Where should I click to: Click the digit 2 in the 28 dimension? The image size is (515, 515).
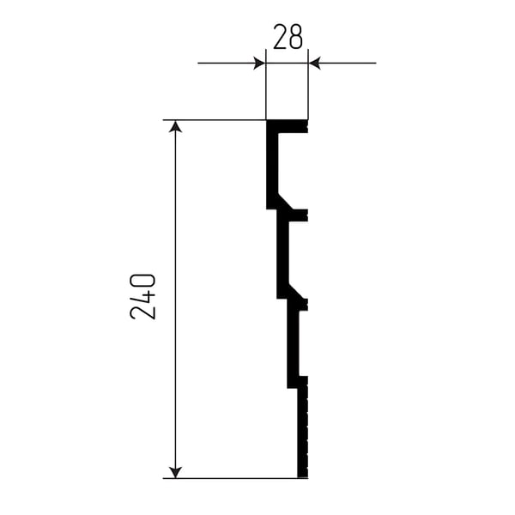(280, 37)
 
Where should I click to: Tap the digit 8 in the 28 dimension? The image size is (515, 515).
(295, 37)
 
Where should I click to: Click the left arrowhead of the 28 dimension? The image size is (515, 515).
(259, 63)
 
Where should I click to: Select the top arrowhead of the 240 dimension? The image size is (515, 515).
(175, 126)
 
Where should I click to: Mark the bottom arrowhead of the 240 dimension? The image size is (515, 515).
(175, 471)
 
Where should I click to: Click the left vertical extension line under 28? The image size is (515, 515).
(266, 84)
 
